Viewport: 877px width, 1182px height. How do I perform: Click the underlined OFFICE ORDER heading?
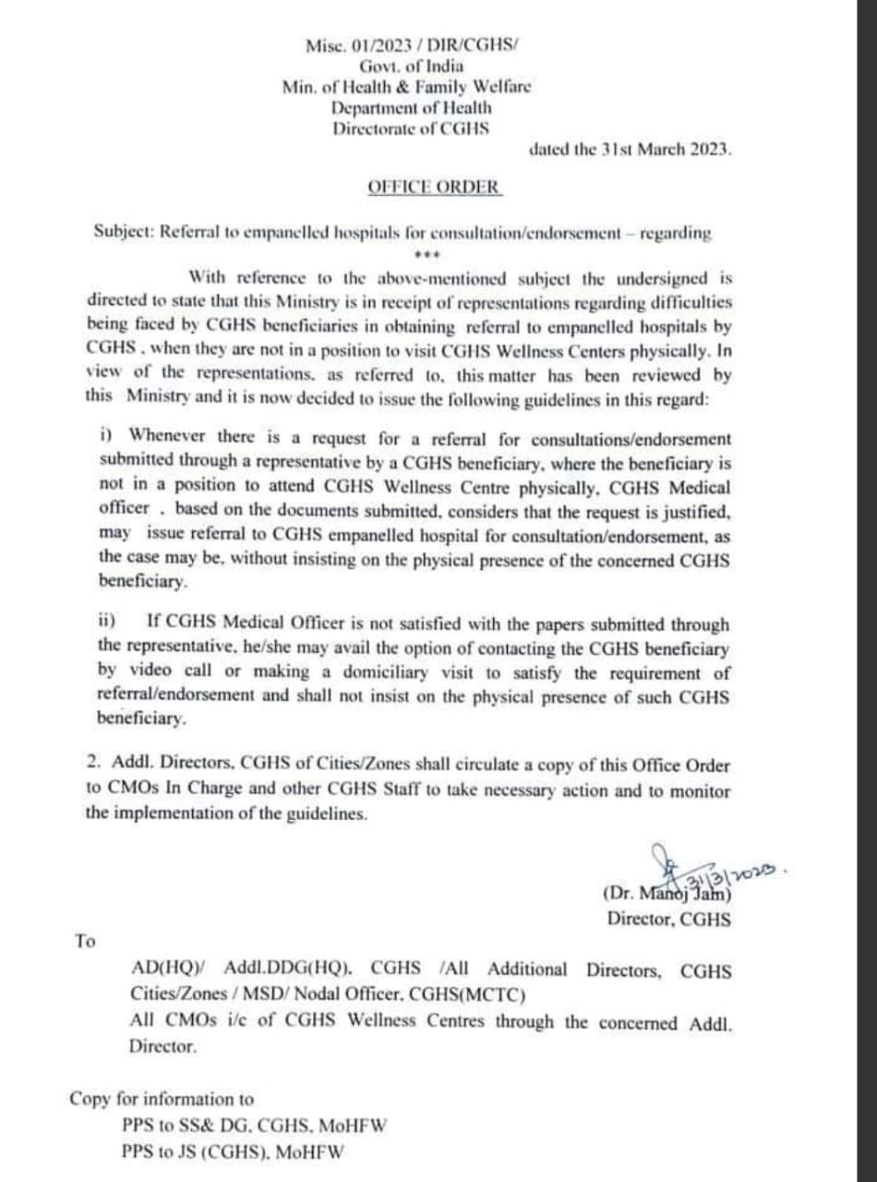point(434,186)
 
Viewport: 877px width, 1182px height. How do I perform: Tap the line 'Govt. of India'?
point(412,66)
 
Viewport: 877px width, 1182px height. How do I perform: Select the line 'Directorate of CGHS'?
point(412,129)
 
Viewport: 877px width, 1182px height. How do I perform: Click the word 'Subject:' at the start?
point(125,233)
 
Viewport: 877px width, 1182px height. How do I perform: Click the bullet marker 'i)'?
point(110,434)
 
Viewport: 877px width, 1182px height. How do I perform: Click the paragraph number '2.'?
point(92,766)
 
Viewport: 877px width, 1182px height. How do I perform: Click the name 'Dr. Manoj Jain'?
point(667,893)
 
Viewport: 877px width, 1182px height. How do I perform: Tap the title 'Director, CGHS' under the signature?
point(669,919)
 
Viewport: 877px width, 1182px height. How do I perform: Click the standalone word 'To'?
point(85,941)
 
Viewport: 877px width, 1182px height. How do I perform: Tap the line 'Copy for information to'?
point(162,1099)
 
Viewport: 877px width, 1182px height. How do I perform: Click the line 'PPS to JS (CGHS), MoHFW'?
point(233,1152)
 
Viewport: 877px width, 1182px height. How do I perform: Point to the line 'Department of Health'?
point(412,108)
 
